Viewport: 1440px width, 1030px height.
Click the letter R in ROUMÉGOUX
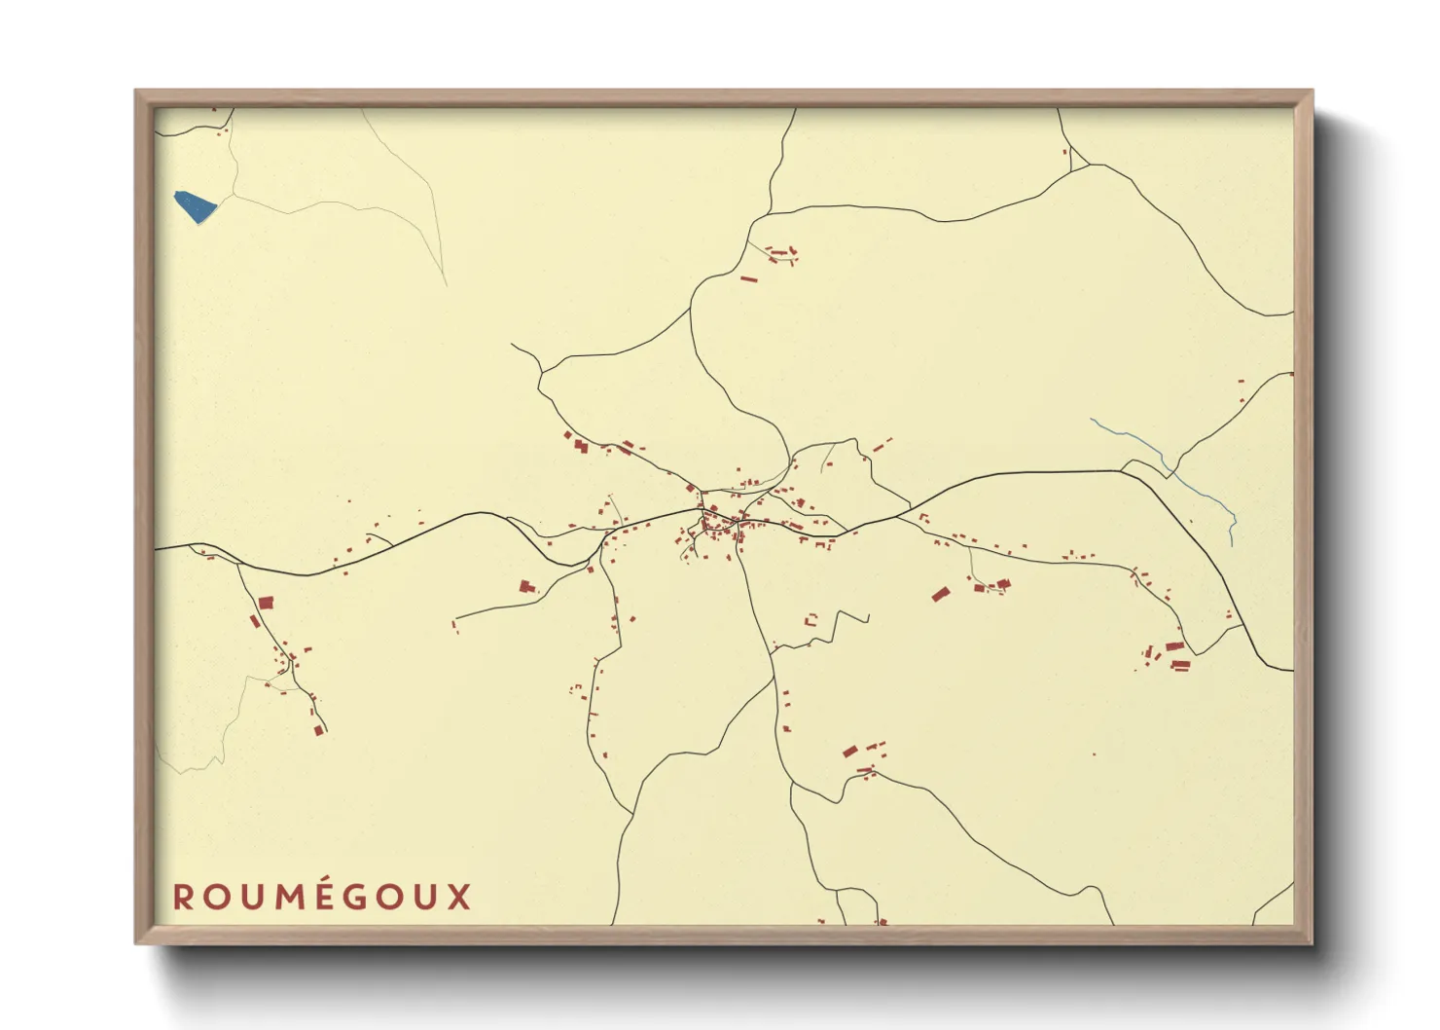pyautogui.click(x=183, y=897)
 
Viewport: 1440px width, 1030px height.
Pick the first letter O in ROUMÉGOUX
pyautogui.click(x=215, y=897)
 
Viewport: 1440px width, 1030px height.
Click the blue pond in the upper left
pyautogui.click(x=195, y=205)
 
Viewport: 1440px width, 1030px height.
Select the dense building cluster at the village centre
pyautogui.click(x=718, y=526)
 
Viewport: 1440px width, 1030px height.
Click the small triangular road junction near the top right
pyautogui.click(x=1077, y=162)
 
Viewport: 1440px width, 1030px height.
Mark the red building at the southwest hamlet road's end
pyautogui.click(x=318, y=729)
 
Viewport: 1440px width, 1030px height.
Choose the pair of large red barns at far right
pyautogui.click(x=1178, y=655)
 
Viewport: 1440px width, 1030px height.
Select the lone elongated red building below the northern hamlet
pyautogui.click(x=748, y=279)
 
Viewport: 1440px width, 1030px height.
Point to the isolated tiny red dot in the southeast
pyautogui.click(x=1094, y=754)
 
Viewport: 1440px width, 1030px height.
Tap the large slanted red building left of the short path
pyautogui.click(x=940, y=594)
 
